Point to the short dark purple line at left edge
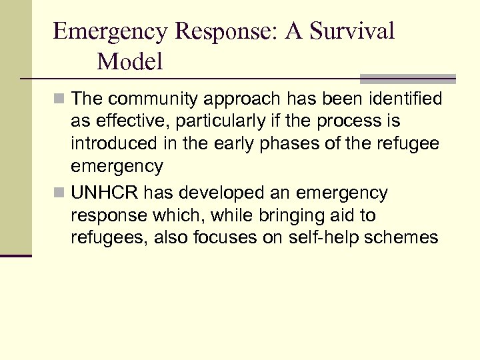pyautogui.click(x=15, y=255)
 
